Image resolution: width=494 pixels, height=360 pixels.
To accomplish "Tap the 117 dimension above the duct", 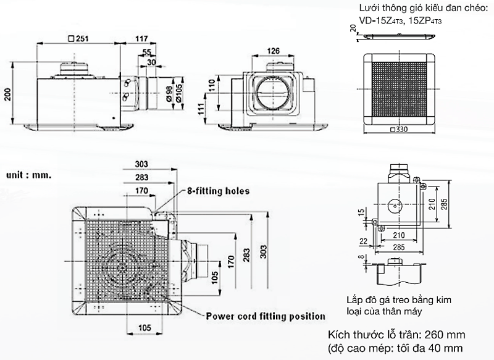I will (141, 38).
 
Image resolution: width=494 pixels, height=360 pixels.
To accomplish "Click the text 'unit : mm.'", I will (29, 175).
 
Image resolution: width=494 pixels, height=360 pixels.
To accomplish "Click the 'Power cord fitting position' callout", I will (266, 316).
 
